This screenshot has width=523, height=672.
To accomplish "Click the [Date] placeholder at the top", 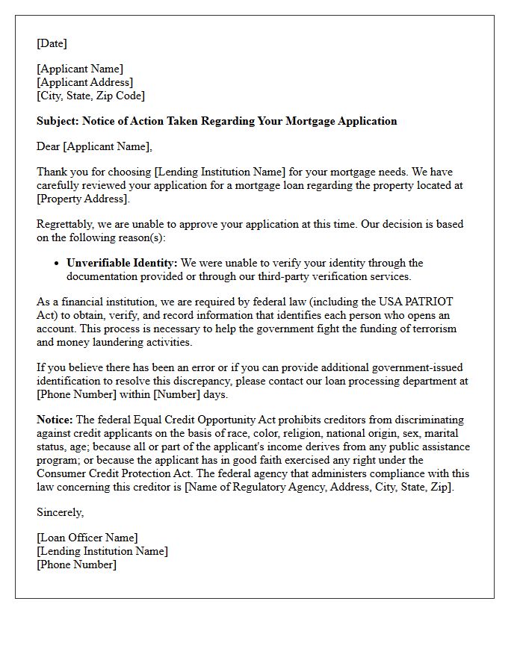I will [x=52, y=43].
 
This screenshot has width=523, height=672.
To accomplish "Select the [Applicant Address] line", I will [x=84, y=82].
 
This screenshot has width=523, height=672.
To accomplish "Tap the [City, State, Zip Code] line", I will [x=90, y=96].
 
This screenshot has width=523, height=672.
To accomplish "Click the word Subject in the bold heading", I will [x=57, y=121].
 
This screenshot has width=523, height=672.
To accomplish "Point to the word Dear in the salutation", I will [x=49, y=146].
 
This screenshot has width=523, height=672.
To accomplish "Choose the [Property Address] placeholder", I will [x=82, y=199].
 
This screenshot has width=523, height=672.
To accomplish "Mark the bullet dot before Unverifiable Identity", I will [x=57, y=263].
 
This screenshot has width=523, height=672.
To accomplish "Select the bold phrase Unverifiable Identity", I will [x=122, y=263].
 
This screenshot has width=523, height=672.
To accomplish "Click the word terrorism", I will [x=430, y=329].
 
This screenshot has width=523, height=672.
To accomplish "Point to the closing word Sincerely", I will [x=60, y=512].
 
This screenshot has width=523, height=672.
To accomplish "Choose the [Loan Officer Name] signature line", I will [x=87, y=538].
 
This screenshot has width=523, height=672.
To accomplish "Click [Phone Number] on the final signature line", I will [x=76, y=564].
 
